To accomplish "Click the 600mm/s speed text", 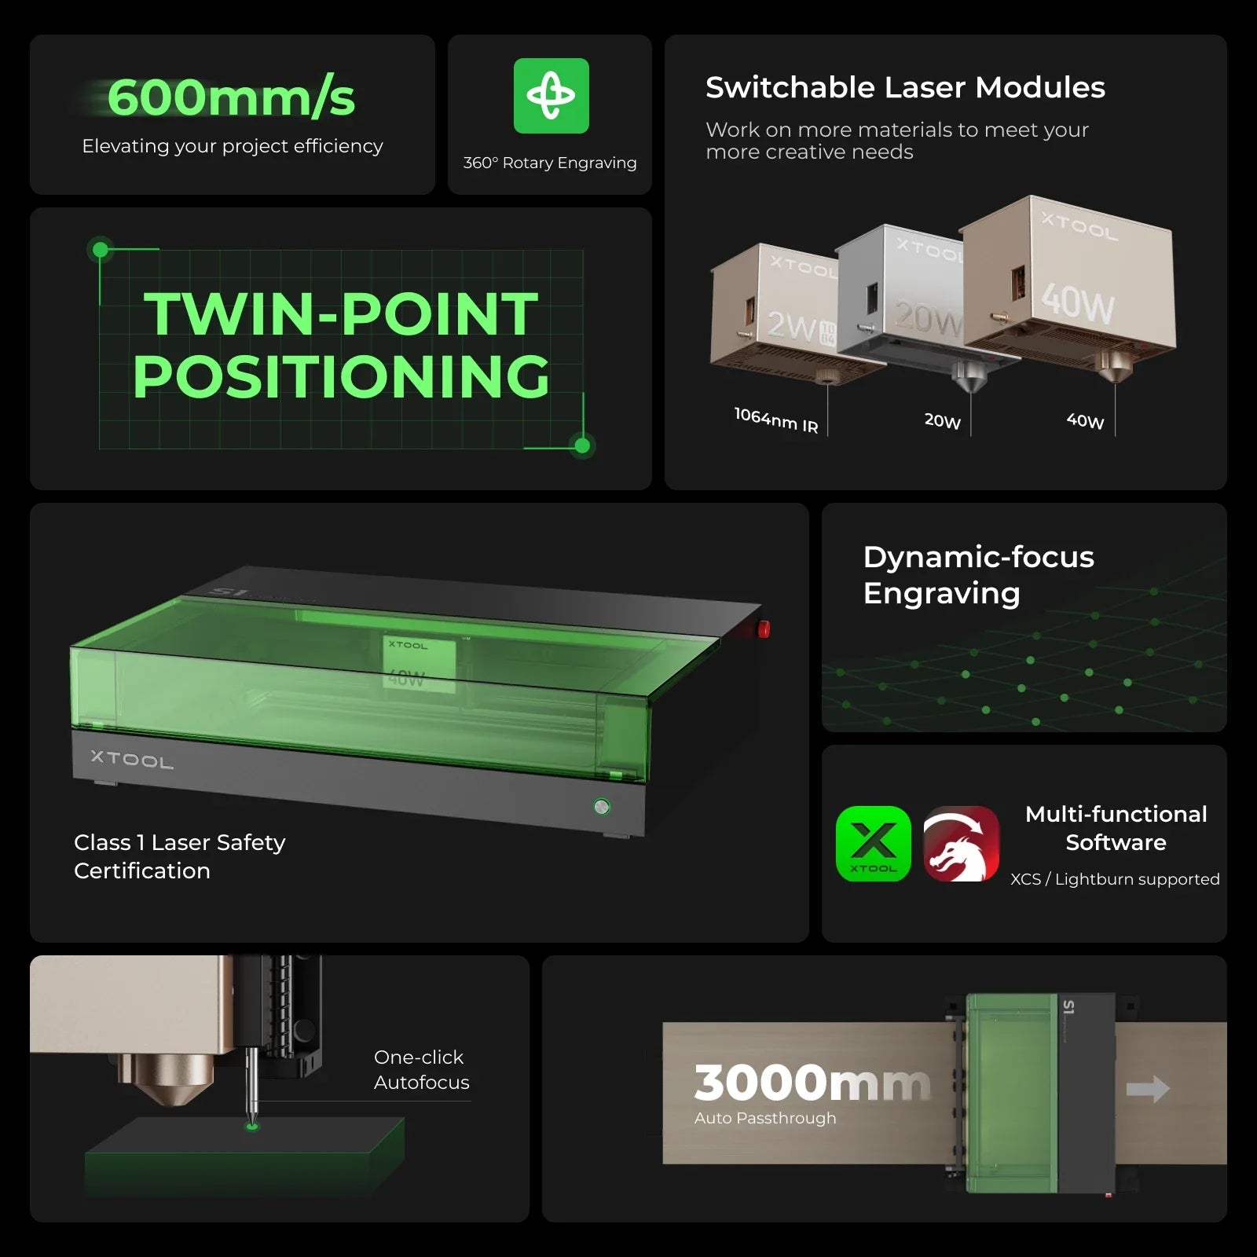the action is pos(231,98).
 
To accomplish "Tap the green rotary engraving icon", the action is pos(551,96).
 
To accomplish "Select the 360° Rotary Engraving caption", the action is pos(550,163).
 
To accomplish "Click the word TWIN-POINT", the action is pos(341,313).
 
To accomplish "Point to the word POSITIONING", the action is pos(341,376).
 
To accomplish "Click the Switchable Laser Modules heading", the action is pos(905,87).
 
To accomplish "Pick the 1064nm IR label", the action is pos(776,420).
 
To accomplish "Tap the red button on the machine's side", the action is pos(763,628).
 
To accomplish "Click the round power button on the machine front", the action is pos(602,806).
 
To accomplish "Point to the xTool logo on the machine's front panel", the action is pos(132,759).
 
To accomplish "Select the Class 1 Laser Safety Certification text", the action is pos(179,856).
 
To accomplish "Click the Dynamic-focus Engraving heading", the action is pos(978,575).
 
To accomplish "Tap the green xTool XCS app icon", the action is pos(874,844).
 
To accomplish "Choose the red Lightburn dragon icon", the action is pos(962,844).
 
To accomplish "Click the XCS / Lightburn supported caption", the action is pos(1115,879).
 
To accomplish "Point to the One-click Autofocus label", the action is pos(422,1069).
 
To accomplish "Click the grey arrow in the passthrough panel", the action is pos(1148,1089).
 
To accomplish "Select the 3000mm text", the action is pos(812,1083).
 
